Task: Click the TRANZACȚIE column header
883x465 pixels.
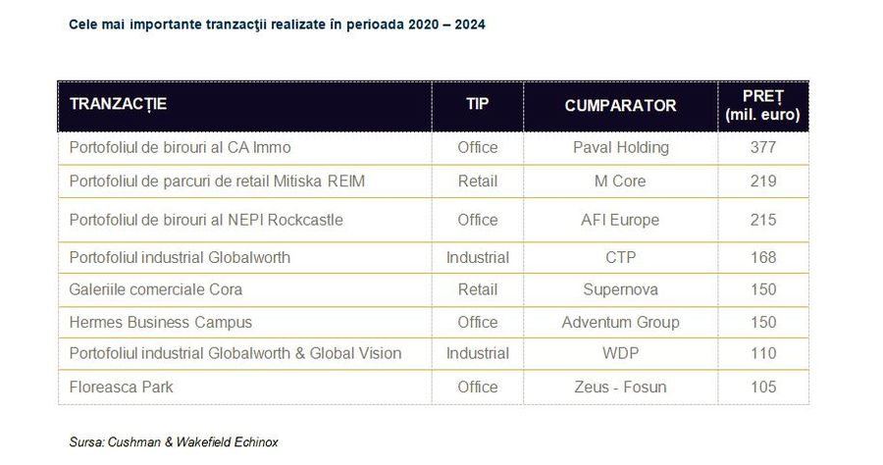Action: point(118,105)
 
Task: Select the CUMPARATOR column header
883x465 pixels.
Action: point(620,105)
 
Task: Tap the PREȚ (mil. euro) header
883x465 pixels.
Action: point(762,105)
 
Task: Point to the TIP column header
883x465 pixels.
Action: point(477,105)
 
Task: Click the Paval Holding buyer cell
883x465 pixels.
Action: point(620,147)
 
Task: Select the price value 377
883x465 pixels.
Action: point(762,147)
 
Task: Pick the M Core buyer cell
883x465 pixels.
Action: point(620,181)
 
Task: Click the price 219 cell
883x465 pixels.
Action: point(762,181)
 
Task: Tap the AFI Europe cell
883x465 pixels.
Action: point(620,220)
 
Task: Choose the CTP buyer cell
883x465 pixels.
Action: point(620,257)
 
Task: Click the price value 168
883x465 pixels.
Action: point(762,257)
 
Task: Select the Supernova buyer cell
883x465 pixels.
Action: point(620,289)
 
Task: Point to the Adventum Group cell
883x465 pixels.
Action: point(620,322)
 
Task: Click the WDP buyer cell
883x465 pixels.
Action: point(620,353)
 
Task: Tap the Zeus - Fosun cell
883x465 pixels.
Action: point(620,387)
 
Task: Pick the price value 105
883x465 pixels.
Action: point(762,387)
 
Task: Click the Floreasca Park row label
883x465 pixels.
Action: point(121,387)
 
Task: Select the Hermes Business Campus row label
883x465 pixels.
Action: point(160,322)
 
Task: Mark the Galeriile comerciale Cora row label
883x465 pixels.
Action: point(155,289)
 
